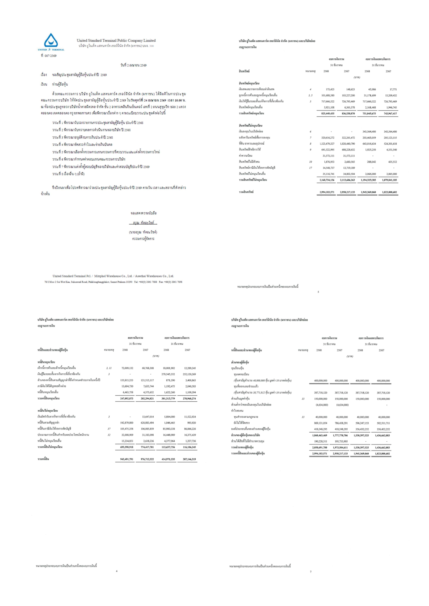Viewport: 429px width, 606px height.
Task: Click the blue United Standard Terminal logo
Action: tap(51, 42)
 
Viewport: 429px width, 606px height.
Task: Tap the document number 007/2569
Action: tap(50, 56)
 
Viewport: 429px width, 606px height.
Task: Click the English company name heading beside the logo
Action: tap(116, 40)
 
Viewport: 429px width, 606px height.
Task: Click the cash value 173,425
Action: tap(330, 89)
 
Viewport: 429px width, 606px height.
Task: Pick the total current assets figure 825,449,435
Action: tap(327, 113)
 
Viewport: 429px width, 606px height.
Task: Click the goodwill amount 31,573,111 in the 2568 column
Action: tap(328, 156)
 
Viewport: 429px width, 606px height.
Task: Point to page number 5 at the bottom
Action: tap(318, 292)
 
